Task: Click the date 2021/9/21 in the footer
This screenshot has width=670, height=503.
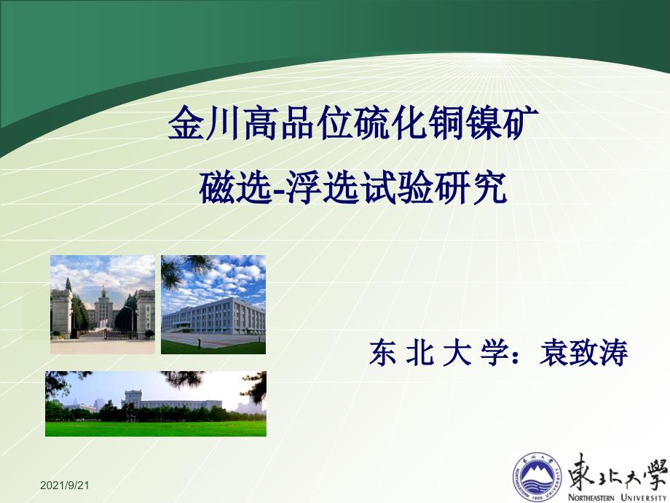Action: (65, 485)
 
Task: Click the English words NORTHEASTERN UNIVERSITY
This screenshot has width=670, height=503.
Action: (617, 497)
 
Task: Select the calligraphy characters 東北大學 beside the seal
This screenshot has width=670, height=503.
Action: (618, 472)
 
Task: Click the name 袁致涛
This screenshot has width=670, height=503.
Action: (583, 353)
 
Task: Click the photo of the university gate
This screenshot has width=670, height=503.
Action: (103, 305)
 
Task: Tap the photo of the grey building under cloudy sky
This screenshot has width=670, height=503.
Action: (213, 305)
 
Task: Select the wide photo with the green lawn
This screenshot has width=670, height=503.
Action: (156, 404)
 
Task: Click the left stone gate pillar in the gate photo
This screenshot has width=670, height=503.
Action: (61, 313)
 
